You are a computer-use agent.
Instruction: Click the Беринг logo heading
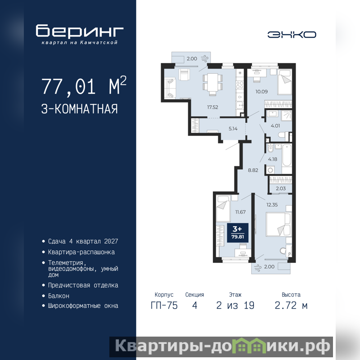tap(80, 31)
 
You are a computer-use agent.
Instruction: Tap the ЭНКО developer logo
tap(292, 35)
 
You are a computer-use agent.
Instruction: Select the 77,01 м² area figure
tap(84, 85)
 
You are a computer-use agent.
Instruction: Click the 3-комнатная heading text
tap(80, 109)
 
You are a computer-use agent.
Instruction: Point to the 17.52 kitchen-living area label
tap(212, 107)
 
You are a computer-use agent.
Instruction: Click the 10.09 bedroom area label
tap(261, 92)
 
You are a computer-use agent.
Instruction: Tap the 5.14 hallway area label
tap(233, 129)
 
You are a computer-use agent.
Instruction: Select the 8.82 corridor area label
tap(253, 171)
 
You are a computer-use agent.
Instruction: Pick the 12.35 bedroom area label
tap(272, 205)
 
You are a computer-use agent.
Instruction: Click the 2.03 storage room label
tap(280, 189)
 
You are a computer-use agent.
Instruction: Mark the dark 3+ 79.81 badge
tap(238, 233)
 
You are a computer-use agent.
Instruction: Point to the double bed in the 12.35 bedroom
tap(278, 224)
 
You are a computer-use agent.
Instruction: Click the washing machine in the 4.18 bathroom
tap(270, 170)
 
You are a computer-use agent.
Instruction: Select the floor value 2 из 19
tap(235, 306)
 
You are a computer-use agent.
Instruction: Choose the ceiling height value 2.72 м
tap(291, 306)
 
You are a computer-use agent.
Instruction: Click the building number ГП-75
tap(164, 306)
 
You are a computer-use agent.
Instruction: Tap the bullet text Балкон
tap(58, 296)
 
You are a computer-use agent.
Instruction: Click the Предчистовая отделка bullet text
tap(83, 285)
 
